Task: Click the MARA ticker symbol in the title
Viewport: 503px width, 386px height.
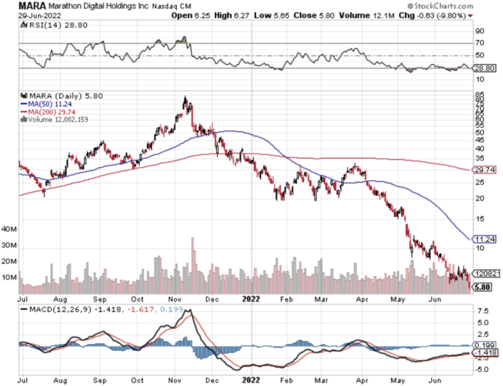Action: tap(34, 6)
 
